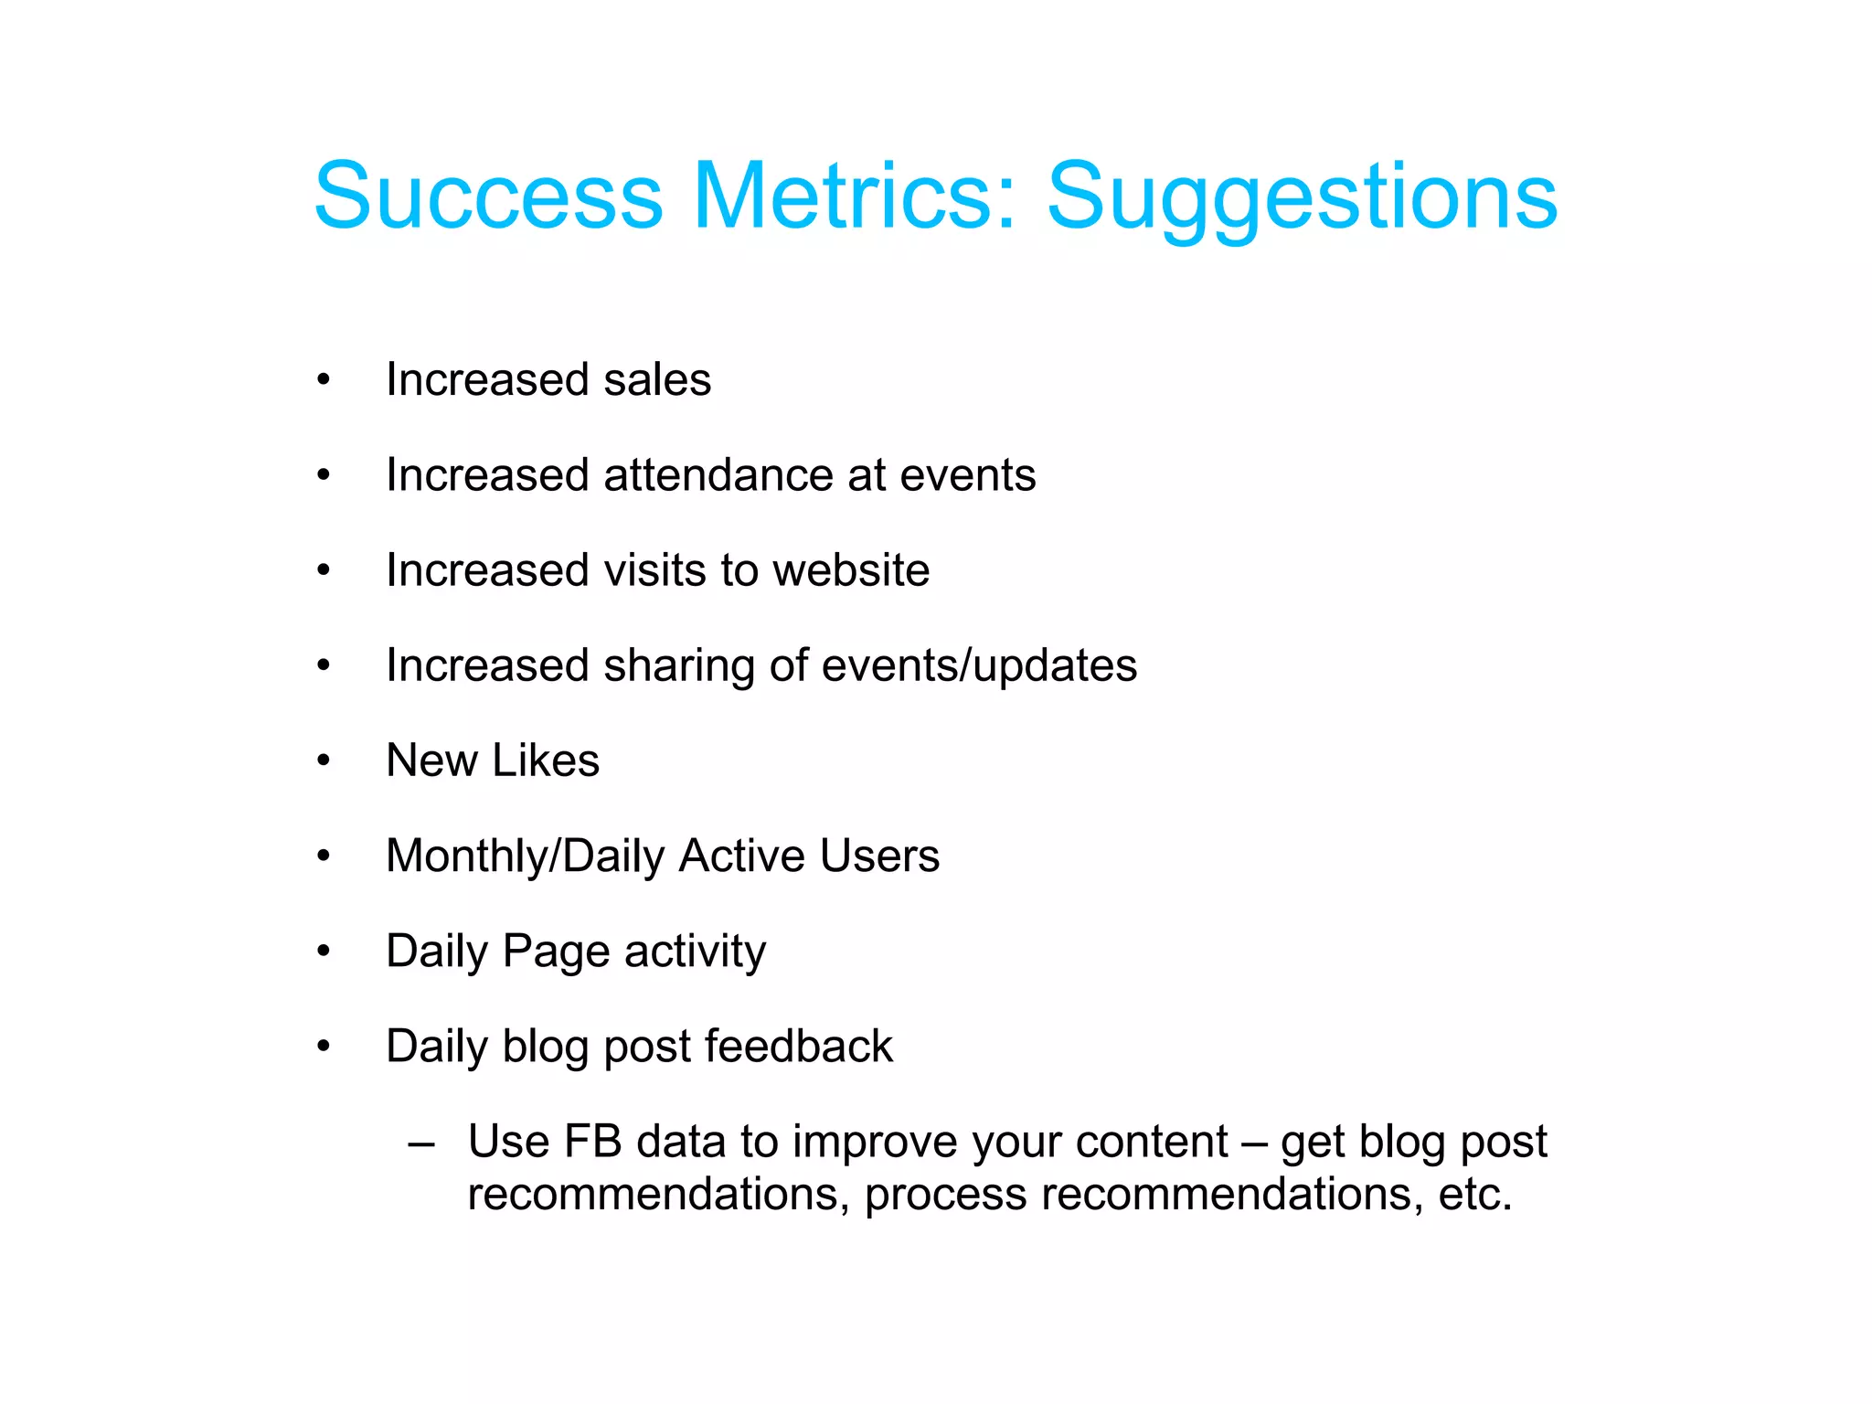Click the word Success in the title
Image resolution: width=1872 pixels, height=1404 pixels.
pos(488,196)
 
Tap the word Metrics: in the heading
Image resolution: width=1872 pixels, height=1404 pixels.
pos(854,196)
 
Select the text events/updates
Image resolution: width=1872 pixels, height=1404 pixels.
pos(979,665)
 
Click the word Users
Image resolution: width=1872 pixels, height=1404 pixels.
pos(878,856)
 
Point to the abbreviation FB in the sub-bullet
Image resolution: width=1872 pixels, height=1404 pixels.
pos(592,1142)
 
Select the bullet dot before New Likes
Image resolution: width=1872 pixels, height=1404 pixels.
pos(323,760)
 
